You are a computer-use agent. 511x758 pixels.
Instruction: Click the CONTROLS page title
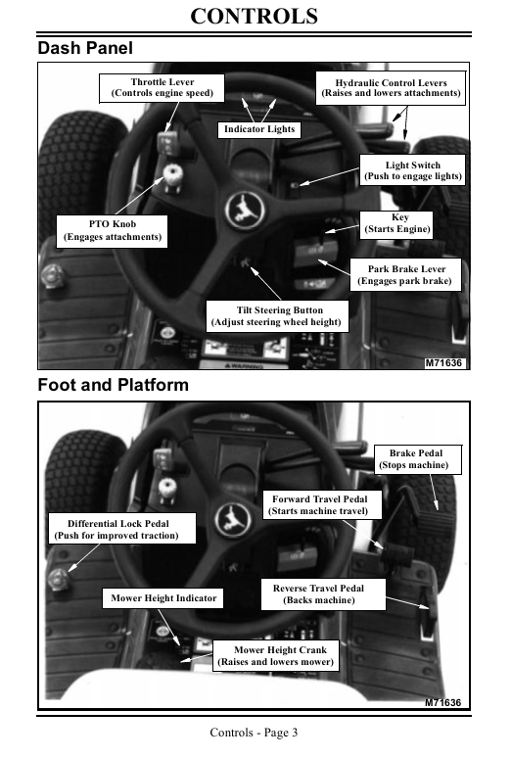click(x=255, y=17)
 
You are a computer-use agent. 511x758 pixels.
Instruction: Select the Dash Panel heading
click(x=85, y=48)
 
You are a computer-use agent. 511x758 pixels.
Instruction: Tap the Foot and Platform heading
click(x=114, y=385)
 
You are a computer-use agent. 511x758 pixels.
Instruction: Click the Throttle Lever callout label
click(x=162, y=88)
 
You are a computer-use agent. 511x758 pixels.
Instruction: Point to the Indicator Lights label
click(x=259, y=129)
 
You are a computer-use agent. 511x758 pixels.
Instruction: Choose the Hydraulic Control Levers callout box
click(x=391, y=88)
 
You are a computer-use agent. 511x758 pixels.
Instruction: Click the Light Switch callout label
click(x=413, y=170)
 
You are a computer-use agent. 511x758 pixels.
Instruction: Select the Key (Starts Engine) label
click(x=396, y=224)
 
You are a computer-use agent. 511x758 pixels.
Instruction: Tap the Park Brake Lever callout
click(x=405, y=275)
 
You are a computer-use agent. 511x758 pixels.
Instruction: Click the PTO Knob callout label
click(x=113, y=231)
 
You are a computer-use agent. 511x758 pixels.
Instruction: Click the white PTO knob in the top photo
click(x=172, y=174)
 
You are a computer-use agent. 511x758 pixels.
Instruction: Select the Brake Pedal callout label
click(x=417, y=459)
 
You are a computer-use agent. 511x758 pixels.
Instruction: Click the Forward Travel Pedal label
click(x=322, y=505)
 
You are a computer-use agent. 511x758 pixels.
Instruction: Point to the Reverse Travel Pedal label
click(x=323, y=594)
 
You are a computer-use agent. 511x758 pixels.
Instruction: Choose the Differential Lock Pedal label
click(x=121, y=529)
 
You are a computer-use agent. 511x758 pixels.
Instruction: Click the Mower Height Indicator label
click(x=163, y=598)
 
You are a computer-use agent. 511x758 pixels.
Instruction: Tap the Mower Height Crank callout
click(x=276, y=656)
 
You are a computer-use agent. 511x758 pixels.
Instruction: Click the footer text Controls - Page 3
click(x=254, y=733)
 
